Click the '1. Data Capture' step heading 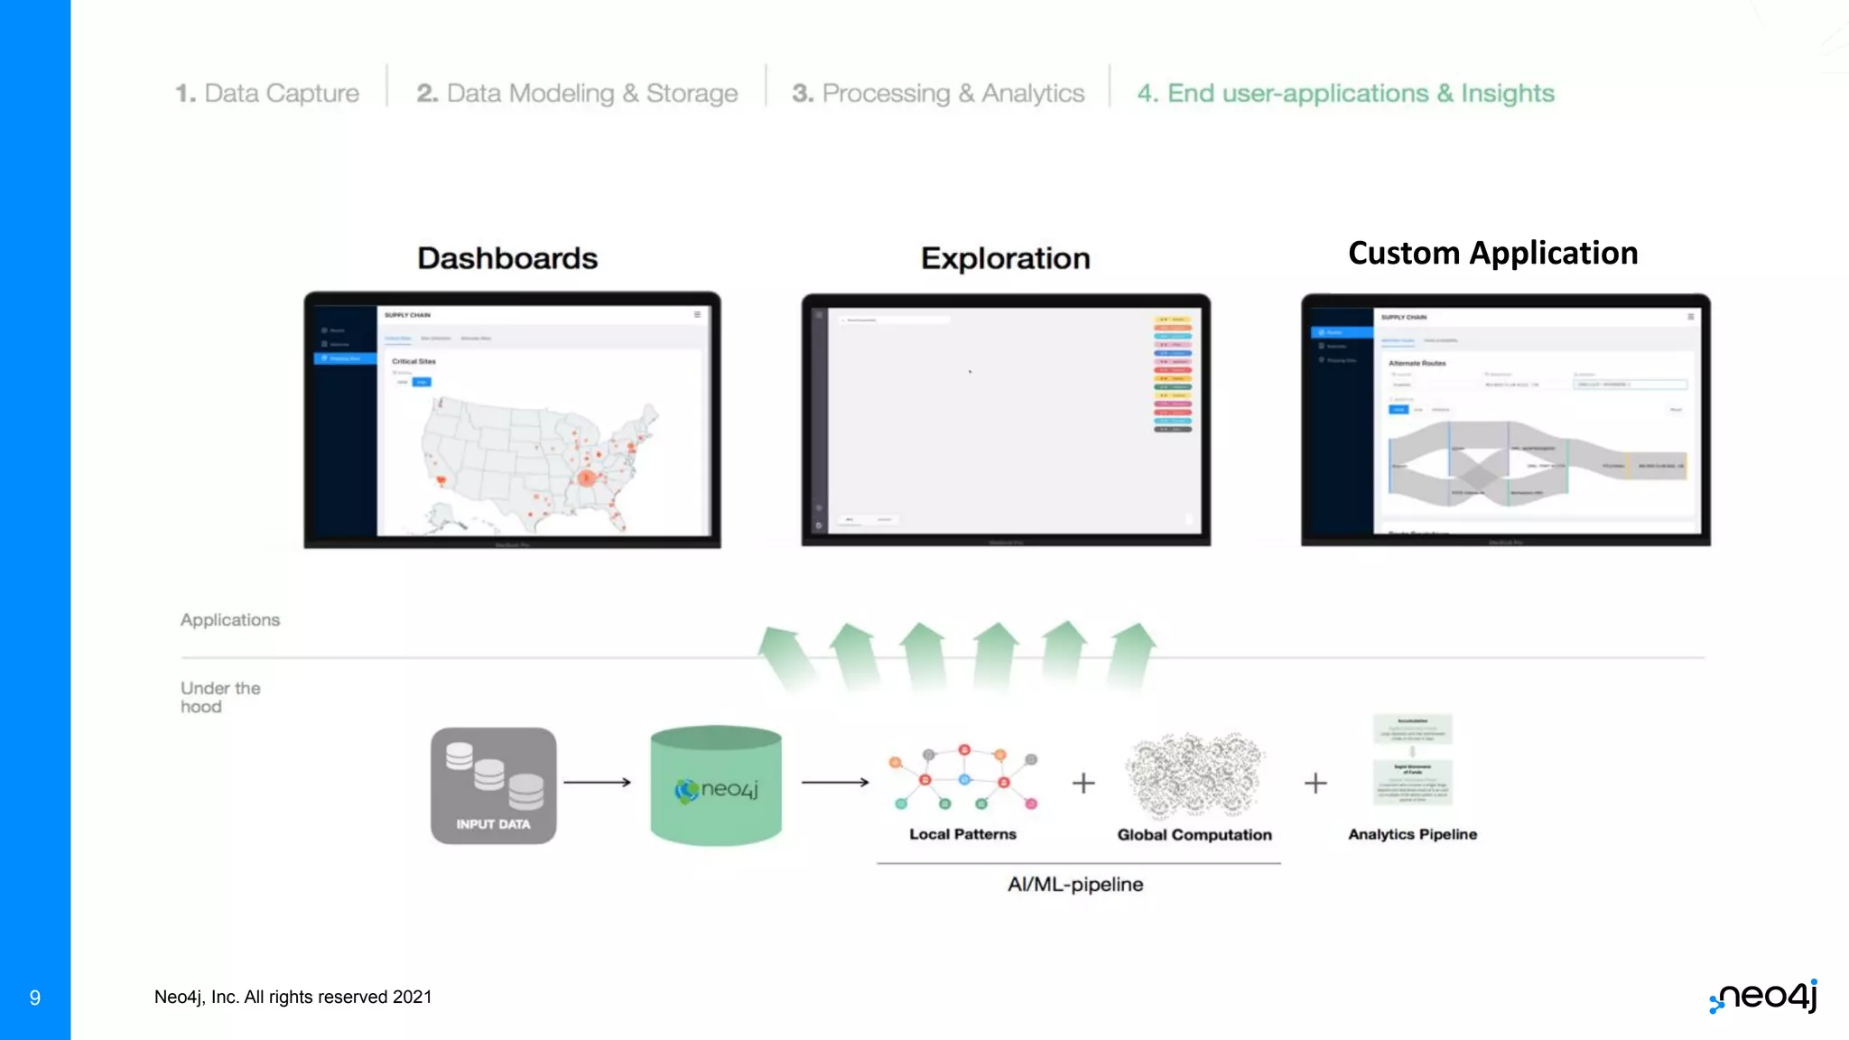point(267,93)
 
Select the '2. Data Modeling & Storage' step point(577,93)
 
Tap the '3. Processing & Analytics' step point(938,93)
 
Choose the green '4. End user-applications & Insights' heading point(1345,93)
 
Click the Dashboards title point(507,258)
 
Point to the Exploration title point(1005,258)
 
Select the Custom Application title point(1492,254)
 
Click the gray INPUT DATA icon point(493,785)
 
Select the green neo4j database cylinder point(716,785)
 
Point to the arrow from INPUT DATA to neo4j point(597,782)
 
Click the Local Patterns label point(962,834)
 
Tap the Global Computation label point(1194,835)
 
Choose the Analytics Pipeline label point(1412,834)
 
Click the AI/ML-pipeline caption point(1075,885)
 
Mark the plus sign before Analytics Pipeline point(1315,783)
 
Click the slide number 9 point(35,998)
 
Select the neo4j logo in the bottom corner point(1764,996)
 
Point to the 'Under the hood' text point(220,697)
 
